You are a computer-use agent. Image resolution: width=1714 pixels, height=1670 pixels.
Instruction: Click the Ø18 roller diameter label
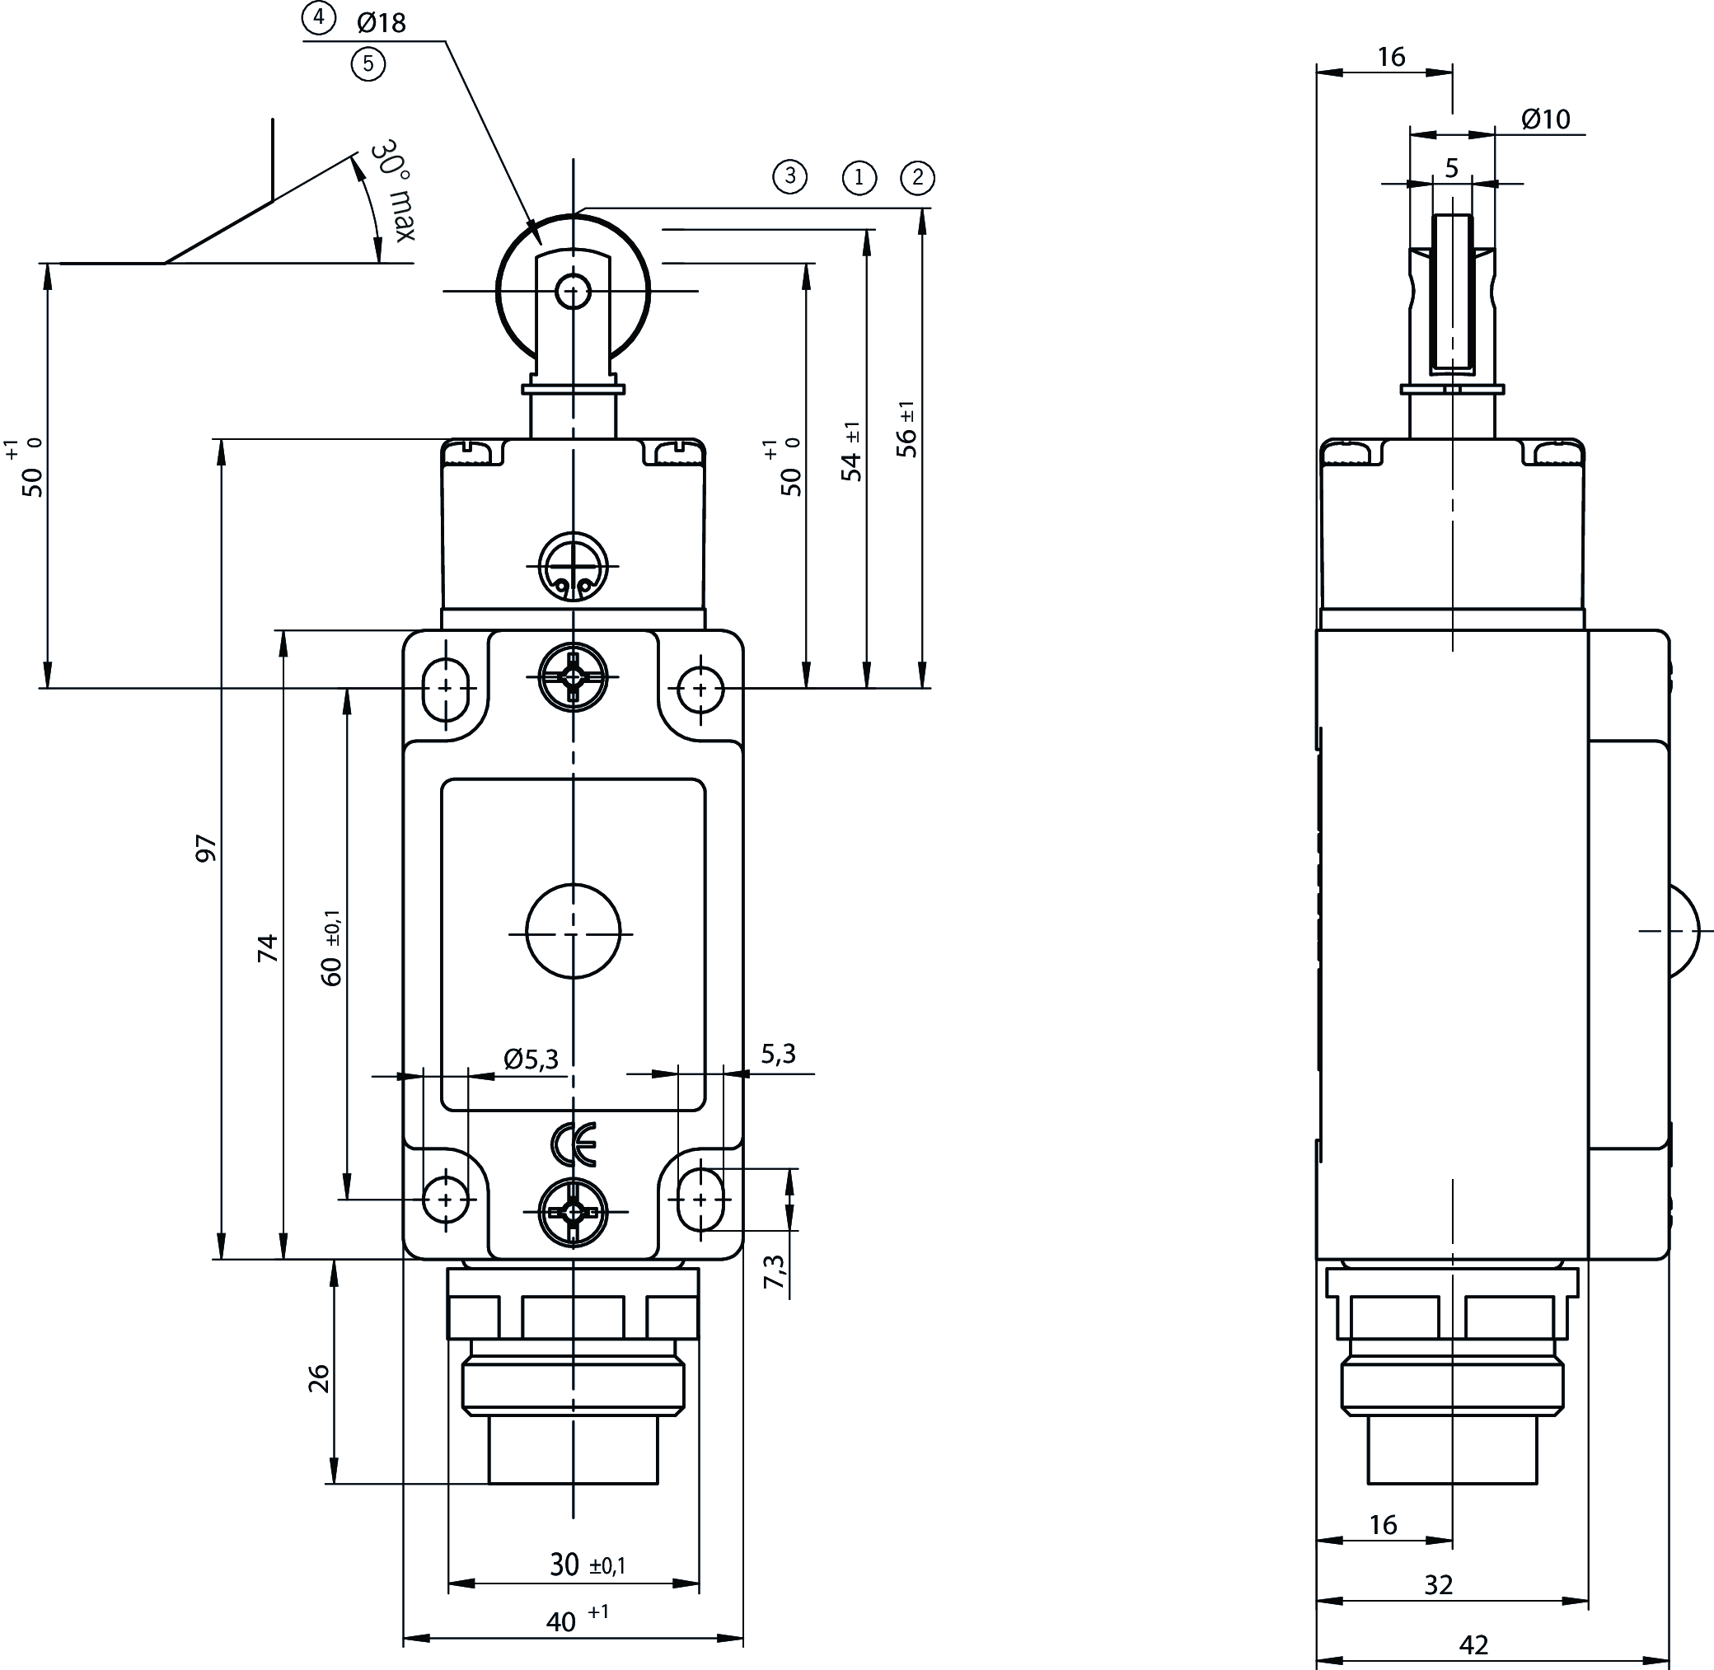(382, 22)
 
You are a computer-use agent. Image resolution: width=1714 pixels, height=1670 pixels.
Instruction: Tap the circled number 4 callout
(318, 18)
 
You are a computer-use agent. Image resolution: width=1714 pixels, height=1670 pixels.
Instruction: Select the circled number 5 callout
(368, 64)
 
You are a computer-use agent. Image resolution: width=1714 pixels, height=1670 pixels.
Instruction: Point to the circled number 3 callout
(789, 176)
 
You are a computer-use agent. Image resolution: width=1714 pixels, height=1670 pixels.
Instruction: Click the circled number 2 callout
(917, 178)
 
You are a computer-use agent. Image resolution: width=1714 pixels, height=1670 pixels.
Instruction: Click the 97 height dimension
(206, 847)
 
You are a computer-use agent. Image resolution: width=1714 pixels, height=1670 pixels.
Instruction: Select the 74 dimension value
(268, 948)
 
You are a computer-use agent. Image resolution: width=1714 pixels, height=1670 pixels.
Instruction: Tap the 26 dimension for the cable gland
(319, 1378)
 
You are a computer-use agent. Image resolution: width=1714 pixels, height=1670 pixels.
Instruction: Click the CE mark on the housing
(574, 1144)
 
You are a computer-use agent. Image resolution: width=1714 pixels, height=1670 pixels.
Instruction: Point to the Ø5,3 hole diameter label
(531, 1060)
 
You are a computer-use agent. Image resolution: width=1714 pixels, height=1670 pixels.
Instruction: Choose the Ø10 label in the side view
(1546, 119)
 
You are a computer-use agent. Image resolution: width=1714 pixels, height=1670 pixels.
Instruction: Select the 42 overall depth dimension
(1473, 1644)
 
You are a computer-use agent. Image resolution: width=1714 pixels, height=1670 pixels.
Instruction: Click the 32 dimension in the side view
(1439, 1584)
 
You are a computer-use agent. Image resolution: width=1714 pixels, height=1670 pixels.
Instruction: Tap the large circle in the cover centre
(573, 931)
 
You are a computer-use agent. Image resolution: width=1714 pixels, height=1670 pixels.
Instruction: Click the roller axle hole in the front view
(573, 290)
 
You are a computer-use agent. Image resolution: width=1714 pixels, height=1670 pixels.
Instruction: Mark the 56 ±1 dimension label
(908, 430)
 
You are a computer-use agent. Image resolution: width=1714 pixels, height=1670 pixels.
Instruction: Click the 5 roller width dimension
(1451, 167)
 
